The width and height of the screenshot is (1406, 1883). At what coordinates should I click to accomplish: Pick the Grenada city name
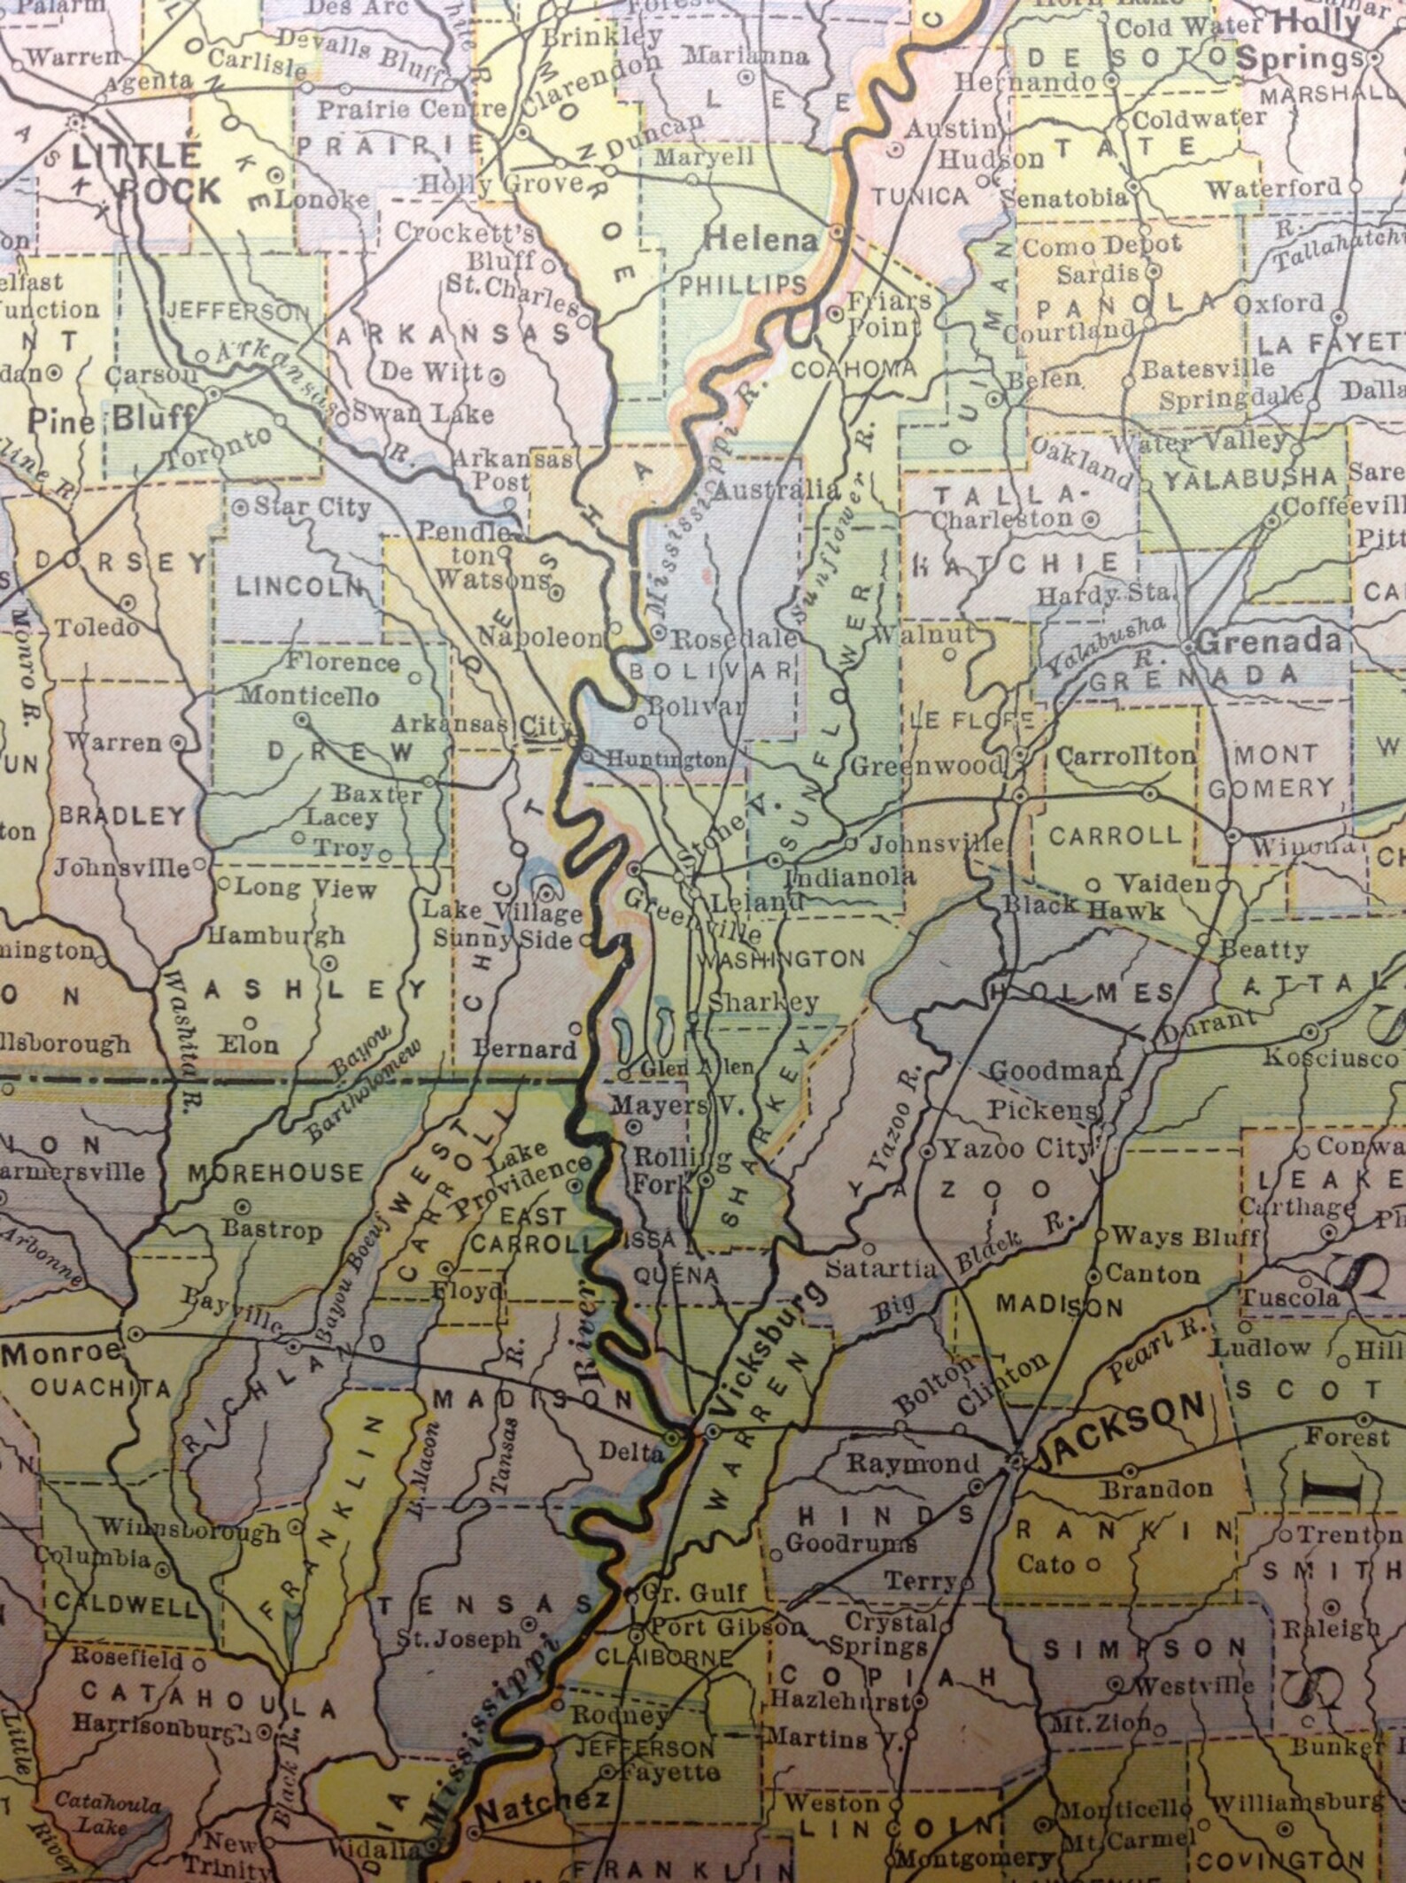(x=1268, y=640)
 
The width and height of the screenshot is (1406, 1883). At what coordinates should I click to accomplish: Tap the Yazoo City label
(x=1016, y=1149)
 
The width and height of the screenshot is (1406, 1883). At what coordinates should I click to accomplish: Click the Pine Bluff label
(x=111, y=419)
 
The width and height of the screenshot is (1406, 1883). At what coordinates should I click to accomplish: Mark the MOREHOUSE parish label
(x=276, y=1173)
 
